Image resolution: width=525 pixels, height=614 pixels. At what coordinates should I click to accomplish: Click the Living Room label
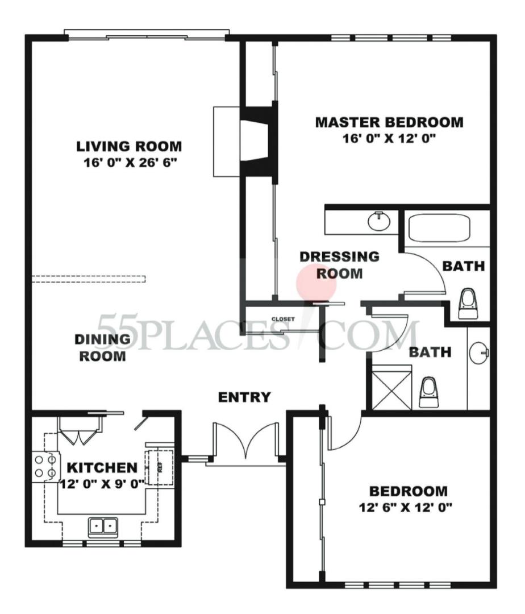pyautogui.click(x=129, y=146)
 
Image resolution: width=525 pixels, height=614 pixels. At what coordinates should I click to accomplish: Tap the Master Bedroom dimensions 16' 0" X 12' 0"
pyautogui.click(x=389, y=138)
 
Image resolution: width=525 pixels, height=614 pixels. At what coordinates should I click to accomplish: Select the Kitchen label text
pyautogui.click(x=102, y=468)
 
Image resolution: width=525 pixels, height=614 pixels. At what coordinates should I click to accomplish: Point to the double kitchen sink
pyautogui.click(x=103, y=526)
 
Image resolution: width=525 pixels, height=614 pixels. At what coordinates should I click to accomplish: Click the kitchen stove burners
pyautogui.click(x=45, y=464)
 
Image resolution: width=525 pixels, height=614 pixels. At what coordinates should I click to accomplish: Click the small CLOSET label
pyautogui.click(x=283, y=319)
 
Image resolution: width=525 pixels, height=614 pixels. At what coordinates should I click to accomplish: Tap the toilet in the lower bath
pyautogui.click(x=428, y=393)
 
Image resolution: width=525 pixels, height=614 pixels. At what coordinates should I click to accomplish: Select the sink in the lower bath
pyautogui.click(x=478, y=354)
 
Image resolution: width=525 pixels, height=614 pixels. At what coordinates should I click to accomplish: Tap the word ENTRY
pyautogui.click(x=245, y=397)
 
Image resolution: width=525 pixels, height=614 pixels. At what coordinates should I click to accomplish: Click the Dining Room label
pyautogui.click(x=102, y=348)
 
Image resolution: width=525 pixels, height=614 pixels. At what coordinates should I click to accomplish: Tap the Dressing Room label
pyautogui.click(x=339, y=265)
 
